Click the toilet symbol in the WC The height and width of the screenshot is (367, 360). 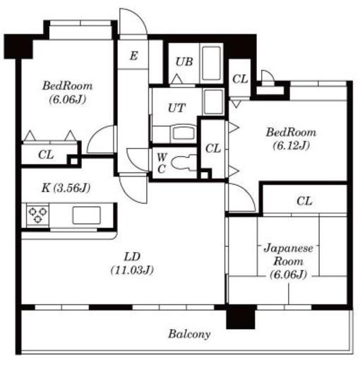click(x=184, y=162)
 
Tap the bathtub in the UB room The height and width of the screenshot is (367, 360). click(x=212, y=64)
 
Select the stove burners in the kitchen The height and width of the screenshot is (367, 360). click(x=37, y=215)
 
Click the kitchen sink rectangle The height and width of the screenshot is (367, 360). click(x=86, y=215)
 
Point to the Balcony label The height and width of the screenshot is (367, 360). click(x=189, y=334)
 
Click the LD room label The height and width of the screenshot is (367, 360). click(x=132, y=257)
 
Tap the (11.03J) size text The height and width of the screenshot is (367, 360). click(x=132, y=270)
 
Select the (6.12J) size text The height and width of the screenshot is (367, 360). click(x=292, y=145)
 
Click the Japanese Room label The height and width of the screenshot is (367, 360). click(x=289, y=255)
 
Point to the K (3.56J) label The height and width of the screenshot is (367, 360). click(x=66, y=188)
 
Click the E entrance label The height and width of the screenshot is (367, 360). click(x=133, y=56)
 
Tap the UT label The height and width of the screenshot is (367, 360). click(x=176, y=108)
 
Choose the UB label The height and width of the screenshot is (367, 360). click(x=184, y=62)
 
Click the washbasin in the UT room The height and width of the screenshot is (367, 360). click(x=184, y=133)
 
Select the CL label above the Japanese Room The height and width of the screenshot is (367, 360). click(x=304, y=201)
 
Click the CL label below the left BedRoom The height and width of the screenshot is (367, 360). click(x=46, y=155)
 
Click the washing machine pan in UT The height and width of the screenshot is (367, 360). click(x=213, y=102)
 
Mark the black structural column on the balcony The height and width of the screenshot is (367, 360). click(x=241, y=317)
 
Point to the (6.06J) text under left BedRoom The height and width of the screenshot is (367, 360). click(x=68, y=100)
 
